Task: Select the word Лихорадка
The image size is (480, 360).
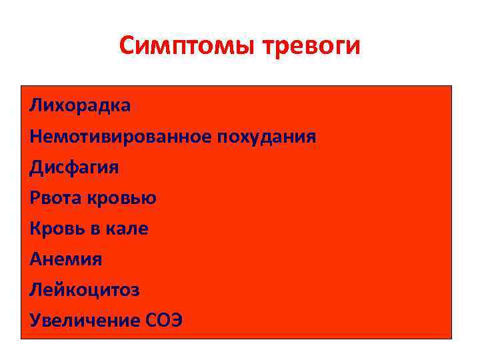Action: [80, 105]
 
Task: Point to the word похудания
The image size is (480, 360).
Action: [266, 137]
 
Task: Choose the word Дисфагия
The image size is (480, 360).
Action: [74, 167]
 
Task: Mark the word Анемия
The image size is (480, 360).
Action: [66, 259]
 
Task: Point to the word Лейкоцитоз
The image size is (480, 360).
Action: [85, 290]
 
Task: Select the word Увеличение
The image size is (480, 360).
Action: [84, 321]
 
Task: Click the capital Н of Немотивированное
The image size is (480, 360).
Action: [35, 137]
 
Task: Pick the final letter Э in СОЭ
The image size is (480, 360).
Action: [175, 321]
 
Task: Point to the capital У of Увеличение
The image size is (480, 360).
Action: [35, 321]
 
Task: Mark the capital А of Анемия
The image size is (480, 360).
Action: [35, 259]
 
